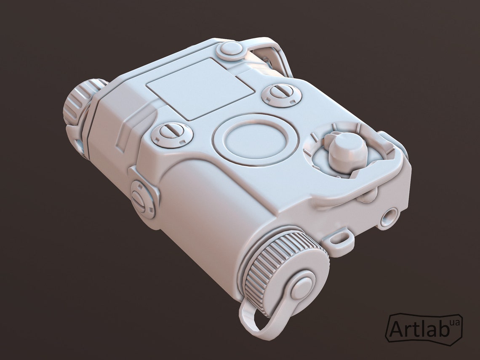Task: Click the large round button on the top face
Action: coord(255,140)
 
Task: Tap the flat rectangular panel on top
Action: coord(201,89)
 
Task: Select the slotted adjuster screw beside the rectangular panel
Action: coord(282,95)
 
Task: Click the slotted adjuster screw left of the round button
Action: coord(172,135)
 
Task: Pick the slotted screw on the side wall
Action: coord(143,200)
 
